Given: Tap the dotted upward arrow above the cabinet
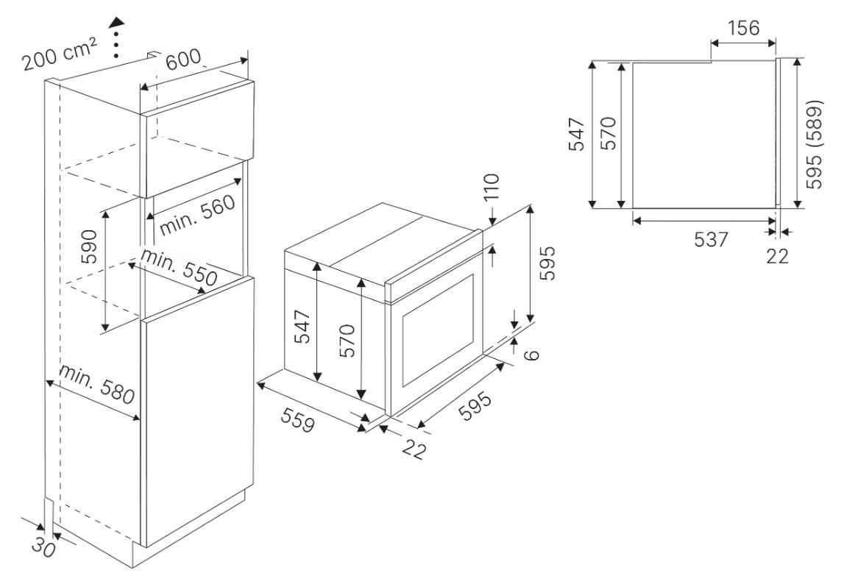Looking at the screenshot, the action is [x=116, y=37].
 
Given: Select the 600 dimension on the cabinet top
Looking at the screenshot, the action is [x=183, y=59].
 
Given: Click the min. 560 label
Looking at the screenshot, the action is [x=198, y=214].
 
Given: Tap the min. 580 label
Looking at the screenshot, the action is [x=97, y=384].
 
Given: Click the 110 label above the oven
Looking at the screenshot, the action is [x=492, y=186].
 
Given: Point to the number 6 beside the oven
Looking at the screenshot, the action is [x=531, y=355].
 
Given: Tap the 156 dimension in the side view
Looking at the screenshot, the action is [x=743, y=27].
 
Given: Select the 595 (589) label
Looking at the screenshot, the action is [x=815, y=144].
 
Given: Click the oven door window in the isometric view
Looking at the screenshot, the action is [x=437, y=330].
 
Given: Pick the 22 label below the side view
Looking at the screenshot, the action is [x=777, y=256].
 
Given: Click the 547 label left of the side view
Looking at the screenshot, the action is [x=576, y=134].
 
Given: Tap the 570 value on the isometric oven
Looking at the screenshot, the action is [x=348, y=341].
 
